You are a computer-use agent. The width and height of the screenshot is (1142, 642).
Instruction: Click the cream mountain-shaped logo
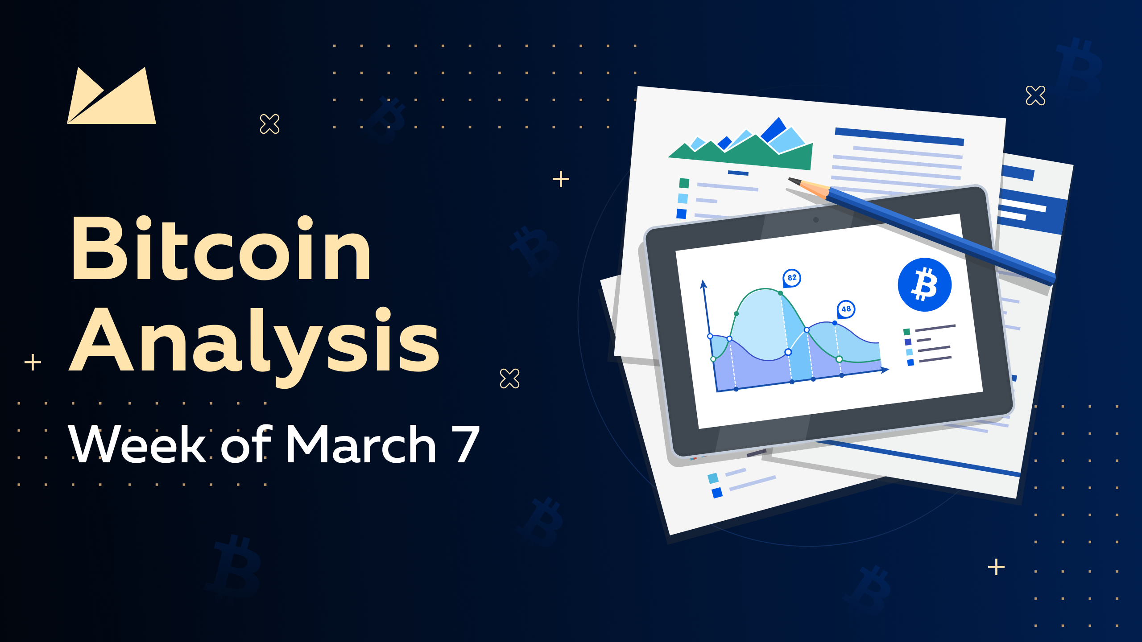(112, 95)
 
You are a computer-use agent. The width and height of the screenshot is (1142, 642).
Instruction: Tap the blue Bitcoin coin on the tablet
(925, 284)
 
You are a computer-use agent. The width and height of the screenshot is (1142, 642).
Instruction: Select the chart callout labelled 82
(792, 278)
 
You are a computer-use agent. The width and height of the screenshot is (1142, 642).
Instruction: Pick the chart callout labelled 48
(846, 309)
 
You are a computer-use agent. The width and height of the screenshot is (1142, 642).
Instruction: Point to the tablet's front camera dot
(816, 220)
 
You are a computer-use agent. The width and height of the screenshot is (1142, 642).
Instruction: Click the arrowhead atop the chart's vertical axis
(703, 284)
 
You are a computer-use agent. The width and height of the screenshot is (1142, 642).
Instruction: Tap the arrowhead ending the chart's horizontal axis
(885, 370)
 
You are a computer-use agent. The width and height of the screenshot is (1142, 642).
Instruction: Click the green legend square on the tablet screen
(906, 332)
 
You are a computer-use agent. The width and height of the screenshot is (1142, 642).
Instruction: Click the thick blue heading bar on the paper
(899, 136)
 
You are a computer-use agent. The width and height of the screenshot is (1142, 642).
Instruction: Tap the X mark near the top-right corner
(1035, 95)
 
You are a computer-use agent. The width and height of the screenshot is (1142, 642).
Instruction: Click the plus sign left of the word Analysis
(33, 362)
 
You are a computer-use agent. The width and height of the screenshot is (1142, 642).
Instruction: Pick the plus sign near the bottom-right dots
(996, 567)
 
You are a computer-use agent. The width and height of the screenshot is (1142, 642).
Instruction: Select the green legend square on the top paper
(684, 183)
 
